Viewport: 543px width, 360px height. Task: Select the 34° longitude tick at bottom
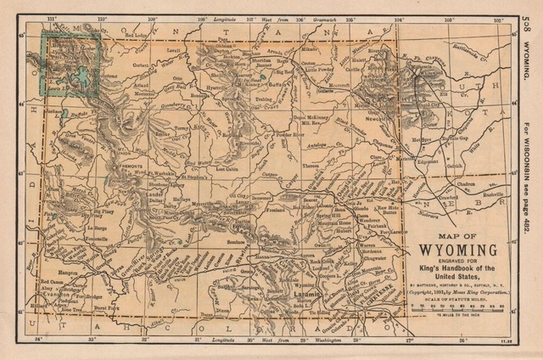pyautogui.click(x=39, y=340)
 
